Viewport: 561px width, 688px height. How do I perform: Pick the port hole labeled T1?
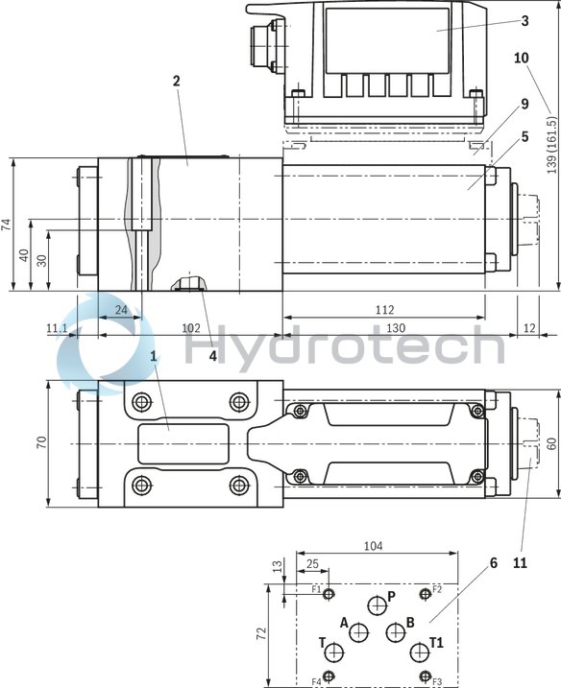(x=419, y=653)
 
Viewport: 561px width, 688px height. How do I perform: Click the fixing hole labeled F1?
(x=329, y=595)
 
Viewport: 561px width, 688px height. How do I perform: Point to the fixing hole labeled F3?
(x=425, y=676)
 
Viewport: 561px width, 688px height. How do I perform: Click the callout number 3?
(x=524, y=20)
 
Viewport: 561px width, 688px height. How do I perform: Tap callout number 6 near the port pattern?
(x=493, y=563)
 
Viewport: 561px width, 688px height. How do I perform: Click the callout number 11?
(x=520, y=563)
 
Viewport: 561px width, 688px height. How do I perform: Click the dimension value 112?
(x=384, y=310)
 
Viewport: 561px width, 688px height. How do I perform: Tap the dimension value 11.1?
(x=57, y=327)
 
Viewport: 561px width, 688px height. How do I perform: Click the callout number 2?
(x=176, y=80)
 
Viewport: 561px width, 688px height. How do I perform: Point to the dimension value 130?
(x=396, y=327)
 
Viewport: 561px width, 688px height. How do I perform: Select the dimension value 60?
(x=552, y=443)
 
